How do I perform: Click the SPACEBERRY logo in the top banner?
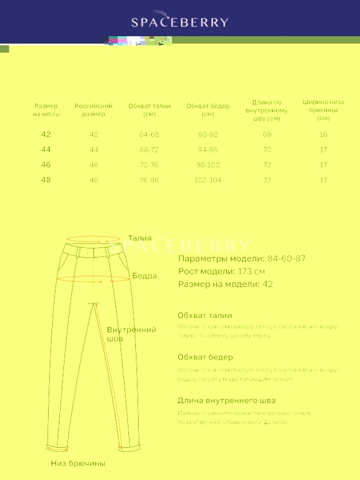(x=180, y=22)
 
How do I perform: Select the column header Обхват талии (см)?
(x=149, y=110)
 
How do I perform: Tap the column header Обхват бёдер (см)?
(x=208, y=110)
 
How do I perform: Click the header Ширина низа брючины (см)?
(x=323, y=110)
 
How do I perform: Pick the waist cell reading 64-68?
(x=149, y=135)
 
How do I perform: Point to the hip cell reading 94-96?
(x=208, y=150)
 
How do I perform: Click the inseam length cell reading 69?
(x=267, y=135)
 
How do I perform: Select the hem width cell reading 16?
(x=323, y=135)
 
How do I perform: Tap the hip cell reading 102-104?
(x=208, y=180)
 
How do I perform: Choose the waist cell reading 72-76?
(x=149, y=165)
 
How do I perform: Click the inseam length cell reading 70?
(x=267, y=150)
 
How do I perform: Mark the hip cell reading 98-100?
(x=208, y=165)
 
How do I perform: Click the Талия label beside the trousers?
(x=140, y=238)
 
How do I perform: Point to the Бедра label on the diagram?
(x=144, y=276)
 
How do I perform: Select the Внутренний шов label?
(x=131, y=334)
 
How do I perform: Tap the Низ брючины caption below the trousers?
(x=78, y=463)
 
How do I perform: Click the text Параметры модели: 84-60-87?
(x=242, y=259)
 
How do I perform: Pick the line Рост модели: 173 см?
(x=221, y=271)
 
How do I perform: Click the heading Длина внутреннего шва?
(x=226, y=400)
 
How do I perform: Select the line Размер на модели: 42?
(x=225, y=284)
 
